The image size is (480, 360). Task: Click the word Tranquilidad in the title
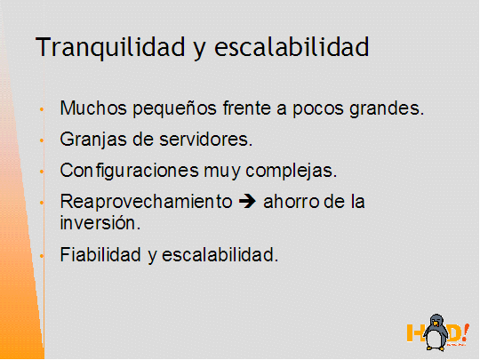click(x=110, y=47)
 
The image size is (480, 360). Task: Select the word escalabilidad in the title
click(x=292, y=46)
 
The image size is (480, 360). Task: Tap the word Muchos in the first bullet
click(x=93, y=108)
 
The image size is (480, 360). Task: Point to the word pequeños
click(x=175, y=109)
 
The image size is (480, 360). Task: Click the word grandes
click(x=387, y=109)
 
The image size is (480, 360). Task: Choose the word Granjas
click(x=93, y=140)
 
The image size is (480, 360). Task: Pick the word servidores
click(x=205, y=140)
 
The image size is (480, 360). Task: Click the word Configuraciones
click(x=130, y=172)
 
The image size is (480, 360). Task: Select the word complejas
click(x=292, y=172)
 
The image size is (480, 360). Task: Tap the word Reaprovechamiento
click(x=146, y=203)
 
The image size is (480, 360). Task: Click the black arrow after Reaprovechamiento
click(x=247, y=202)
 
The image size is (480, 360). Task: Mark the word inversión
click(x=100, y=222)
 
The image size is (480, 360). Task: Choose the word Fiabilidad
click(x=100, y=254)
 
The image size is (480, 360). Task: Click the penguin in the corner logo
click(x=436, y=332)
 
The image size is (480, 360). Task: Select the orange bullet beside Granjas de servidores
click(x=42, y=140)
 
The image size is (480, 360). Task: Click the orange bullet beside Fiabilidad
click(x=42, y=256)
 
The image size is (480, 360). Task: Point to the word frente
click(x=247, y=108)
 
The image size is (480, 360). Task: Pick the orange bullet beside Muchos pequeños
click(x=42, y=109)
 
